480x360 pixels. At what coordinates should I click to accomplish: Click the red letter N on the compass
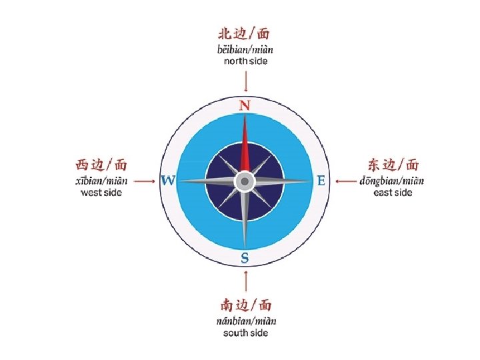coord(245,105)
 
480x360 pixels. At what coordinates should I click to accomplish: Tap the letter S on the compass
coord(245,257)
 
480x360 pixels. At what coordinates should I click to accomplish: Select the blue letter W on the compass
coord(168,181)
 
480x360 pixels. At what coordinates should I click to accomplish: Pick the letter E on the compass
coord(321,181)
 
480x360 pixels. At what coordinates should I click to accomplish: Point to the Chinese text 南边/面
coord(246,305)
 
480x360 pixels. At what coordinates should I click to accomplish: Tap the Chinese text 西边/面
coord(101,165)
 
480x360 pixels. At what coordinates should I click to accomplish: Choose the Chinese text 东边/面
coord(393,165)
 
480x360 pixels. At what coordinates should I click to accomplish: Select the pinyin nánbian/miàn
coord(246,321)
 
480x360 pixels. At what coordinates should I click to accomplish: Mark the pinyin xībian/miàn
coord(101,180)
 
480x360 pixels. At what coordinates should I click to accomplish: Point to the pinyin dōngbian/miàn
coord(392,180)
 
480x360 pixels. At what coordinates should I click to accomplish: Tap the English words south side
coord(246,333)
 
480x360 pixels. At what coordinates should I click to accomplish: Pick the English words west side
coord(101,193)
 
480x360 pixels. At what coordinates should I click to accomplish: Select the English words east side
coord(393,193)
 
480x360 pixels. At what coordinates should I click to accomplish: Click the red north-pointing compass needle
coord(245,147)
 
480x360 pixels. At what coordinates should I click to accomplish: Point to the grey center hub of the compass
coord(245,181)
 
